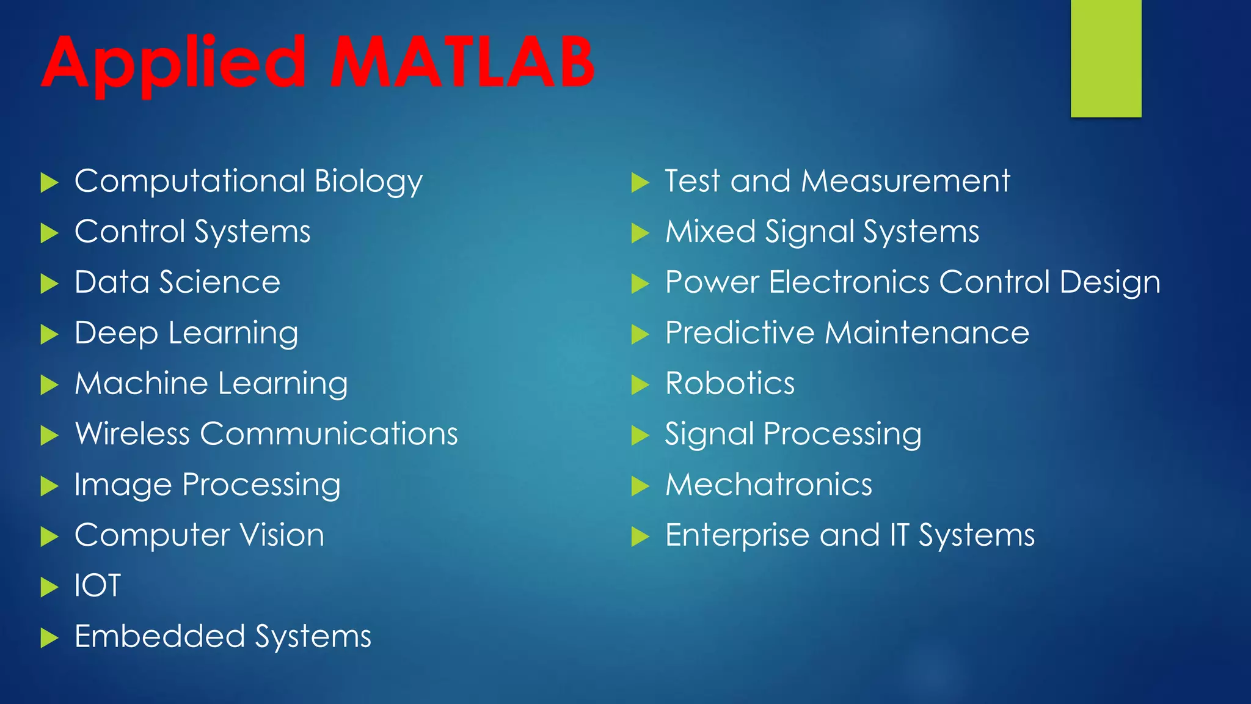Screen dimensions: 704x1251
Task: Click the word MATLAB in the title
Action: (x=462, y=62)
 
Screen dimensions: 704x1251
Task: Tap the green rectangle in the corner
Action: (x=1106, y=58)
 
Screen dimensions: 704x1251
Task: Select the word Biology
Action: (x=368, y=182)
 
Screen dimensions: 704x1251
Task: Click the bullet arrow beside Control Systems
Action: (x=49, y=233)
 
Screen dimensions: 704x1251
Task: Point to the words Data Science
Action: (x=177, y=282)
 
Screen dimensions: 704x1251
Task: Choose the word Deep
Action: (x=116, y=334)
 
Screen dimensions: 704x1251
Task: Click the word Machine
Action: (x=142, y=384)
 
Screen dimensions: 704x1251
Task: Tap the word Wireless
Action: (x=132, y=434)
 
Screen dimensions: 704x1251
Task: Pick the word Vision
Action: (x=282, y=535)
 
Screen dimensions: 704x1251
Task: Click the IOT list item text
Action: (x=98, y=585)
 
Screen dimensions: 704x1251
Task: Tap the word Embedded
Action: (x=159, y=637)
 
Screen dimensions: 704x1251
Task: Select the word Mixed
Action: (x=710, y=232)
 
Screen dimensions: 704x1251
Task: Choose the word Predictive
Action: (x=740, y=333)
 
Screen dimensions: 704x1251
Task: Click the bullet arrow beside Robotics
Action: (x=640, y=384)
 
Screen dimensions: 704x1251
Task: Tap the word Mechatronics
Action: (x=768, y=485)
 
